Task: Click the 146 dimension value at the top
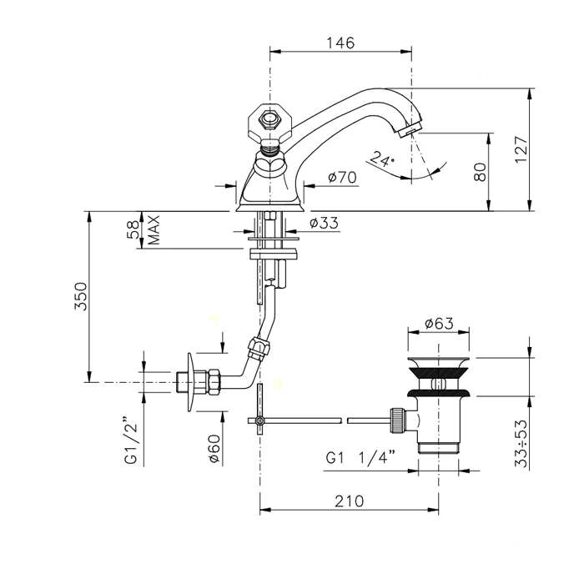(340, 43)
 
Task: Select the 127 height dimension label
(521, 149)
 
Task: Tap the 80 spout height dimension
(480, 172)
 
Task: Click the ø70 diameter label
(342, 177)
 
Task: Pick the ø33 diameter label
(324, 223)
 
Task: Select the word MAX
(154, 229)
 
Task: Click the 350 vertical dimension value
(81, 296)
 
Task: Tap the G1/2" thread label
(131, 444)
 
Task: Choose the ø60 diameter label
(214, 449)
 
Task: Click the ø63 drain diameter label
(439, 324)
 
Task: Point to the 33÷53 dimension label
(521, 444)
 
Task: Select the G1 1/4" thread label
(360, 457)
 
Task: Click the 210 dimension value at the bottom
(349, 501)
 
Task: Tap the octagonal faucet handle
(269, 121)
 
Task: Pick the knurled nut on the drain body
(397, 420)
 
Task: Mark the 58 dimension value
(133, 229)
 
